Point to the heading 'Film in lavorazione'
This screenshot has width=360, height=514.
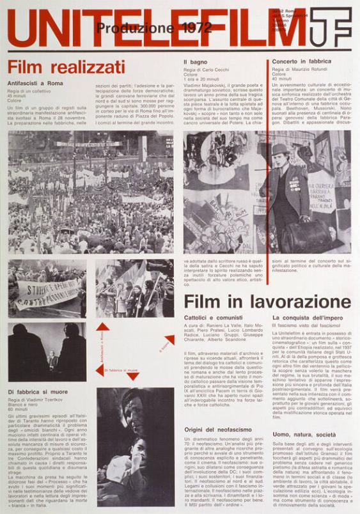coord(267,302)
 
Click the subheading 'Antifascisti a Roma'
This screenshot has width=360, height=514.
coord(36,84)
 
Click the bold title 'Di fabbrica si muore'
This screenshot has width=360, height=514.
coord(38,391)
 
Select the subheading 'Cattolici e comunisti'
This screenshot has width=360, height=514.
coord(213,318)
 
